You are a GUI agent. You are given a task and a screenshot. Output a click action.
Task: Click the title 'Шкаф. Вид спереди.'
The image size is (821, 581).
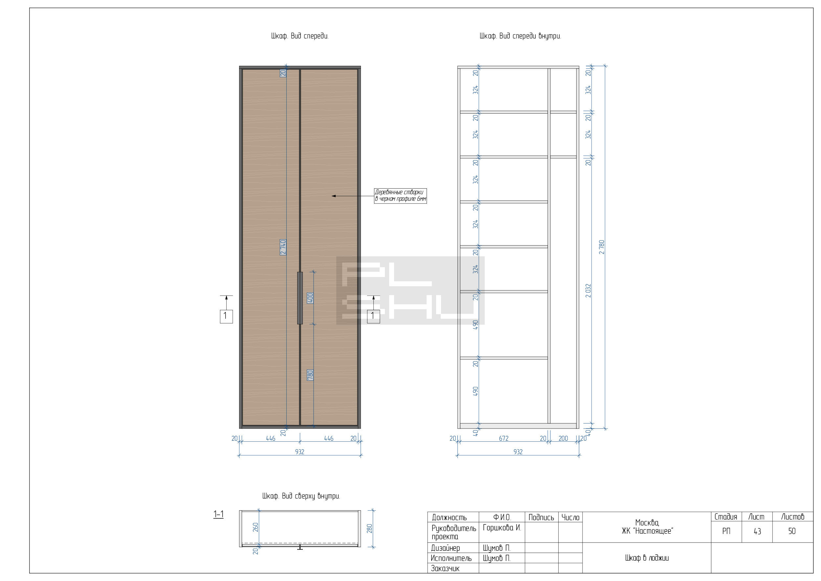point(300,36)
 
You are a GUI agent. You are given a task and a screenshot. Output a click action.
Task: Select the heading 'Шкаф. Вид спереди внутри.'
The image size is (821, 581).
point(520,36)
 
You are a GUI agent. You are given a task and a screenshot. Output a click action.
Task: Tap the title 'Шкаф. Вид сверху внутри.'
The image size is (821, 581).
point(301,496)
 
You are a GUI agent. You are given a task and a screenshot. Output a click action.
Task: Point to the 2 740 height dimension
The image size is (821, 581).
point(283,247)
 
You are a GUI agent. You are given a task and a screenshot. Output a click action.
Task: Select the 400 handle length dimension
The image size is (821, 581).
point(310,298)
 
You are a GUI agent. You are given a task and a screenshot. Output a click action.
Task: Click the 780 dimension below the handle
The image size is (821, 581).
point(310,375)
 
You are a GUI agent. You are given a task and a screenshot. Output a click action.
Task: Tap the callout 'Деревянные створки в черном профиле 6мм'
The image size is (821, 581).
point(401,196)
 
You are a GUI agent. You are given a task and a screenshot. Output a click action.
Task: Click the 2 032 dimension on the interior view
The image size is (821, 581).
point(588,291)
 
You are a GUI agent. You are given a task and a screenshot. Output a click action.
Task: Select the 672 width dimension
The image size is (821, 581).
point(503,438)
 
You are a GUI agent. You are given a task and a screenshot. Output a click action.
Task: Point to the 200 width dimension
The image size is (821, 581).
point(563,438)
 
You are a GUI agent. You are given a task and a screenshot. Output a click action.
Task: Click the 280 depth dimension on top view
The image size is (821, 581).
point(369,528)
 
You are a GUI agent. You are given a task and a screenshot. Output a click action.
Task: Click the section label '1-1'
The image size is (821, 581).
point(218,515)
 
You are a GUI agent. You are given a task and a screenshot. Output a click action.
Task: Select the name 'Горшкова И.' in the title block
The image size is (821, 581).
point(502,528)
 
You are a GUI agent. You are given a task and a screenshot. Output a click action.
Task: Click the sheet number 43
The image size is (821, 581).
point(757,531)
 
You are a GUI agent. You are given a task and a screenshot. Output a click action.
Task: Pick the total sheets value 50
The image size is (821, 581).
point(792,531)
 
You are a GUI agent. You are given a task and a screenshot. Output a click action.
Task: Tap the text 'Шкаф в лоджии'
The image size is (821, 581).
point(647,558)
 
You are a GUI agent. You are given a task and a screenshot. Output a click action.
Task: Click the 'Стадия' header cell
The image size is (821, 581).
point(725,517)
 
